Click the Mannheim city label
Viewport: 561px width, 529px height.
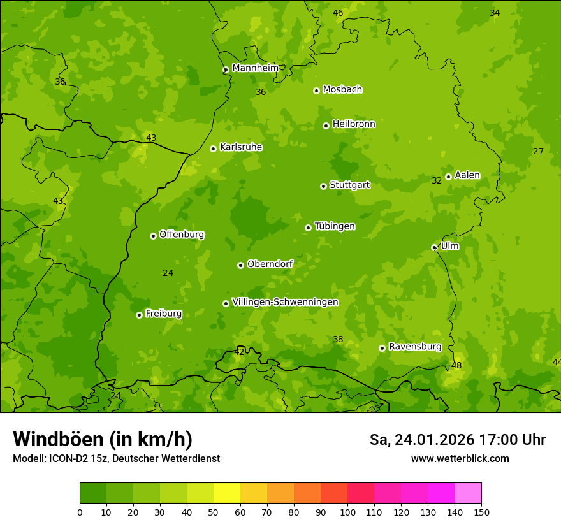tap(255, 68)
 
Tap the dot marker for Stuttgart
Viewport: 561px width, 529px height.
tap(323, 186)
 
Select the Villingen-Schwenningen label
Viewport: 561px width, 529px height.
tap(285, 302)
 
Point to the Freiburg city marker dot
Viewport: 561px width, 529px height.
tap(139, 315)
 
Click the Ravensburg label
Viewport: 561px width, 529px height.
tap(414, 347)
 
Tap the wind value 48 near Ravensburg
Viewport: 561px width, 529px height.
tap(456, 365)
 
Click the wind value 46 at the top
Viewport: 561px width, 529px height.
tap(338, 13)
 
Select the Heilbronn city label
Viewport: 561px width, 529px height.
tap(354, 124)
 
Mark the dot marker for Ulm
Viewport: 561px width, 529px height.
tap(434, 247)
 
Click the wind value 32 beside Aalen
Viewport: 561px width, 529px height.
tap(437, 180)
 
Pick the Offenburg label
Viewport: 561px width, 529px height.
tap(182, 235)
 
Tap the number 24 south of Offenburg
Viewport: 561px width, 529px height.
tap(168, 273)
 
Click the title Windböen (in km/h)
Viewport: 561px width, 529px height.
tap(103, 439)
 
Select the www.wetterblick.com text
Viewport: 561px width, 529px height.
tap(460, 458)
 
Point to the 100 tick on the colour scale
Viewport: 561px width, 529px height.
tap(347, 512)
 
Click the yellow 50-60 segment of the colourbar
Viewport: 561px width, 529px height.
tap(227, 493)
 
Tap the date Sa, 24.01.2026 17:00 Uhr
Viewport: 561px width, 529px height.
tap(457, 440)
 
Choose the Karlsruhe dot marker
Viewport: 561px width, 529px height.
tap(213, 149)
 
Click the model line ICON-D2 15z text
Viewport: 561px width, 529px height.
tap(116, 458)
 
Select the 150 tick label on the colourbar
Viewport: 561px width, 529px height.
tap(481, 512)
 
